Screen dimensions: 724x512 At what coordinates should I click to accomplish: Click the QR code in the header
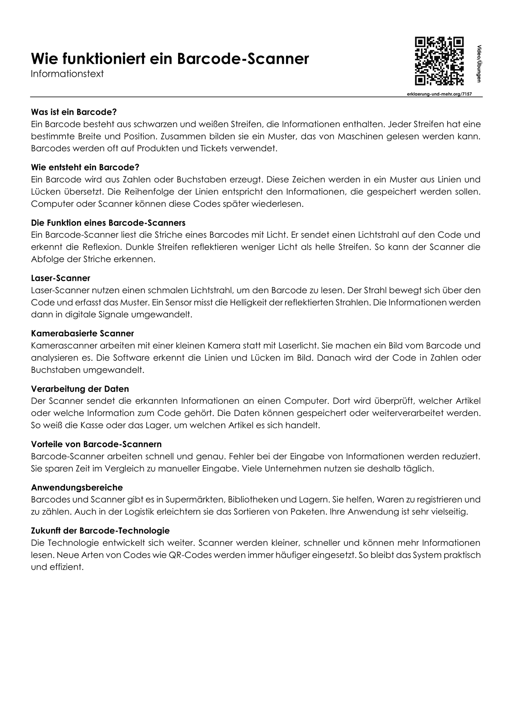pyautogui.click(x=439, y=61)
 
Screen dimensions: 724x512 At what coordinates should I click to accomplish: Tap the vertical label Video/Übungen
pyautogui.click(x=479, y=64)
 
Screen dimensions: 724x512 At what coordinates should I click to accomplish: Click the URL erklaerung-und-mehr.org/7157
pyautogui.click(x=439, y=94)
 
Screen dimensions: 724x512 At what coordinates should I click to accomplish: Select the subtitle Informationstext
pyautogui.click(x=67, y=74)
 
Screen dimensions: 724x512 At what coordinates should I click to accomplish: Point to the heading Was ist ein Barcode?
pyautogui.click(x=74, y=112)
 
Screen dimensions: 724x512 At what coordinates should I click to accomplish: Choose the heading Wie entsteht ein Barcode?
pyautogui.click(x=85, y=167)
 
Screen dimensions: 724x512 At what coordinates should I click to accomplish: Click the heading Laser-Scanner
pyautogui.click(x=60, y=278)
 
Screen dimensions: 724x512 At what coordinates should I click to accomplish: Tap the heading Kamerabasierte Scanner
pyautogui.click(x=83, y=333)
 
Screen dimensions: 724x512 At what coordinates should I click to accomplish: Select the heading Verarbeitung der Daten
pyautogui.click(x=80, y=389)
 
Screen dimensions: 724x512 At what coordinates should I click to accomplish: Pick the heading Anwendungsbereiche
pyautogui.click(x=77, y=487)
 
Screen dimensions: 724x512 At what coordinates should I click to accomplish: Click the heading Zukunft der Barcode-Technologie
pyautogui.click(x=100, y=531)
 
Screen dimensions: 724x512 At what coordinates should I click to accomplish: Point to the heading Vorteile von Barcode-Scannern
pyautogui.click(x=96, y=444)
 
